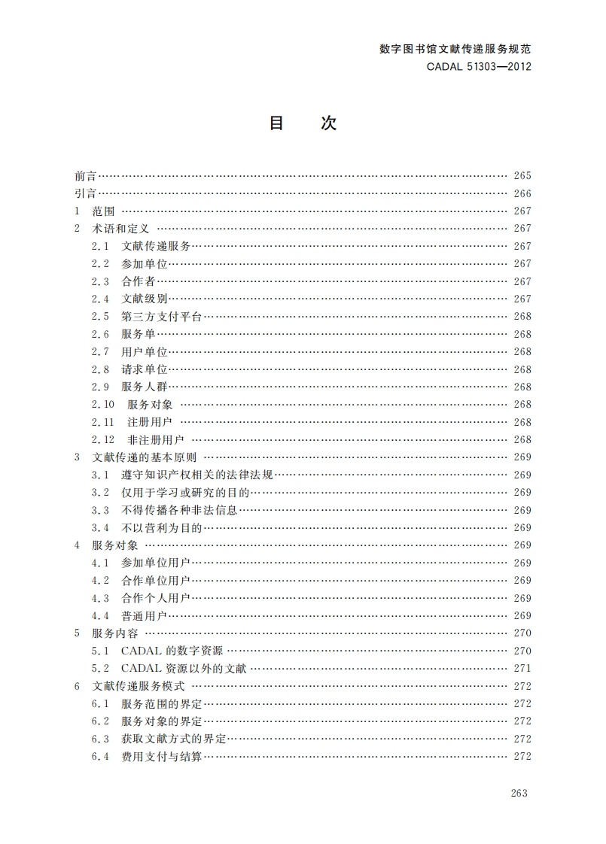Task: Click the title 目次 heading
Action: (x=303, y=124)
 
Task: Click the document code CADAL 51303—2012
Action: (x=479, y=66)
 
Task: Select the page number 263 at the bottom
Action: (x=519, y=793)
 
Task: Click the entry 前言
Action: (x=85, y=176)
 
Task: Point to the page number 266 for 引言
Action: (x=522, y=193)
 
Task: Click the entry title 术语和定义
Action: (x=121, y=229)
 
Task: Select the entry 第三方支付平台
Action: (x=161, y=317)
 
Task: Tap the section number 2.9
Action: (x=101, y=387)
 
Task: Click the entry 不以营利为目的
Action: (x=161, y=528)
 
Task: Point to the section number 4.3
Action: (x=101, y=598)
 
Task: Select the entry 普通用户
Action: (x=144, y=616)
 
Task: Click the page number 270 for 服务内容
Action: (x=522, y=633)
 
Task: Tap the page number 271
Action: (x=522, y=668)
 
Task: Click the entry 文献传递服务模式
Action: (x=139, y=686)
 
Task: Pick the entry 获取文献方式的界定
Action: (x=173, y=739)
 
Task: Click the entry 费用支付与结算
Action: (x=161, y=757)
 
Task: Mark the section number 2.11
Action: (x=103, y=422)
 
